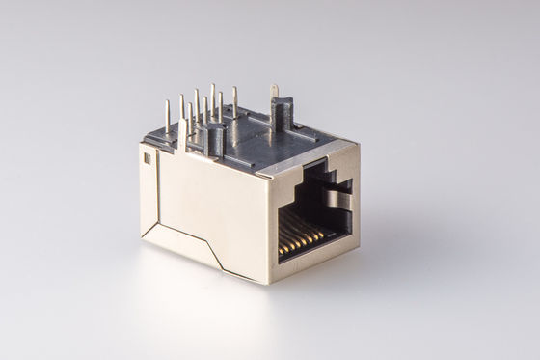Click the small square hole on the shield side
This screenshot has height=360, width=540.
(x=148, y=158)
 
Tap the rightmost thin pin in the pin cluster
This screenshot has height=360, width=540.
(x=234, y=101)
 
